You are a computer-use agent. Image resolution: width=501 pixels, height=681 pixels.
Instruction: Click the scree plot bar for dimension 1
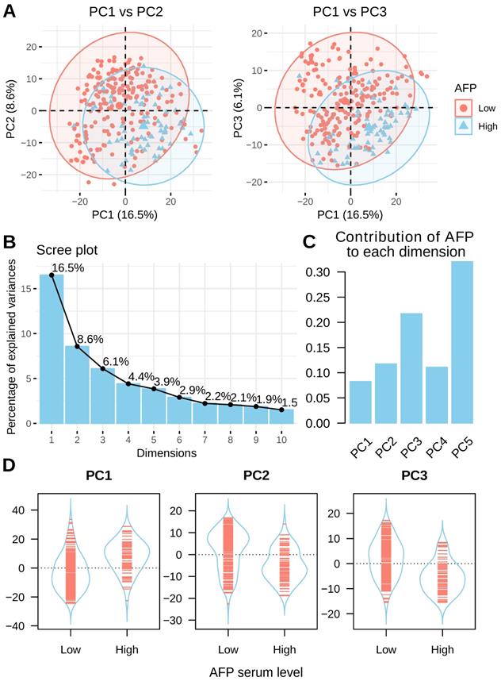tap(52, 349)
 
